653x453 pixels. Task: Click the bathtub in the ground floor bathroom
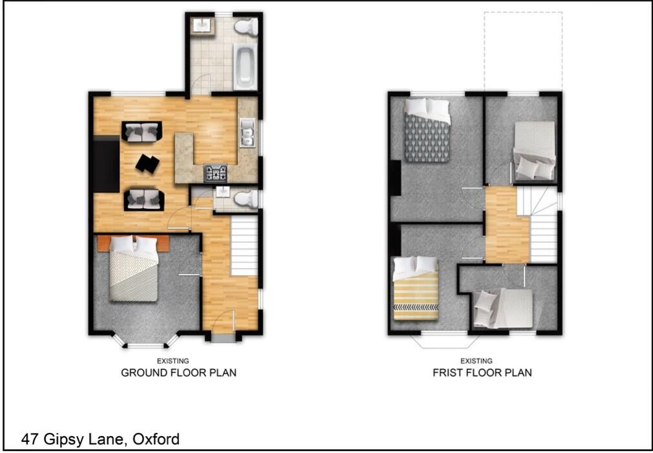coord(244,65)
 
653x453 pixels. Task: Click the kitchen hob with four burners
coord(216,173)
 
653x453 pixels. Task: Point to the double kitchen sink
coord(246,135)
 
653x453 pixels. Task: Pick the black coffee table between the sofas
coord(147,164)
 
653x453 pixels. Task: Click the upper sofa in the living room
coord(142,131)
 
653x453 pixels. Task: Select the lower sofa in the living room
coord(142,199)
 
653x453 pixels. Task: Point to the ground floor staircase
coord(244,246)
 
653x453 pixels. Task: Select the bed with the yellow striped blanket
coord(415,289)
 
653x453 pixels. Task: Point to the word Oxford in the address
coord(156,440)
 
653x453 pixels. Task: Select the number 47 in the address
coord(30,440)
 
